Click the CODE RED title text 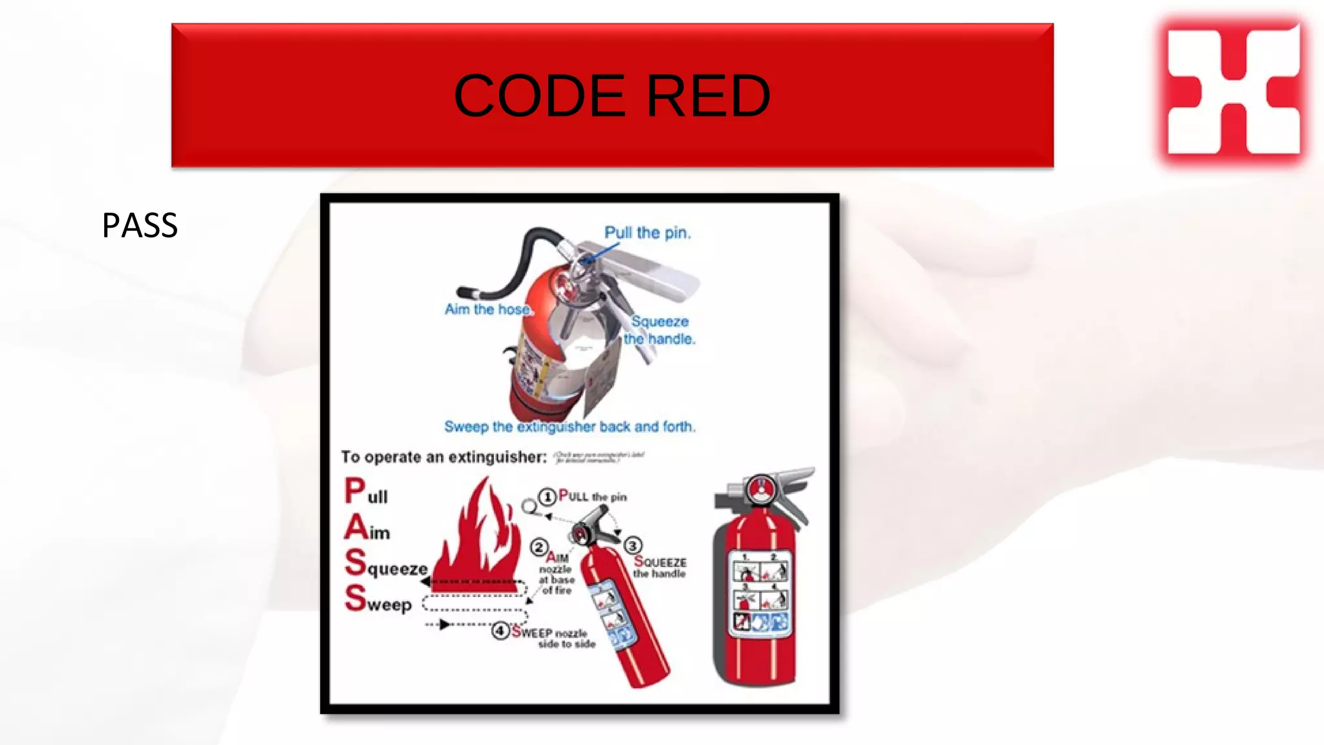coord(612,96)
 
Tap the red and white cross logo coord(1233,90)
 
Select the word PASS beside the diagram coord(140,226)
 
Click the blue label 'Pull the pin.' coord(647,233)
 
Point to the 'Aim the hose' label coord(487,310)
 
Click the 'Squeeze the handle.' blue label coord(659,330)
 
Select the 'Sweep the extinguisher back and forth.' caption coord(570,427)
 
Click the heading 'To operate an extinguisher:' coord(443,457)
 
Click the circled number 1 coord(548,497)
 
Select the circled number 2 coord(539,548)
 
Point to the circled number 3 coord(632,546)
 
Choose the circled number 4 coord(500,631)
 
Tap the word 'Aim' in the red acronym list coord(367,528)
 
